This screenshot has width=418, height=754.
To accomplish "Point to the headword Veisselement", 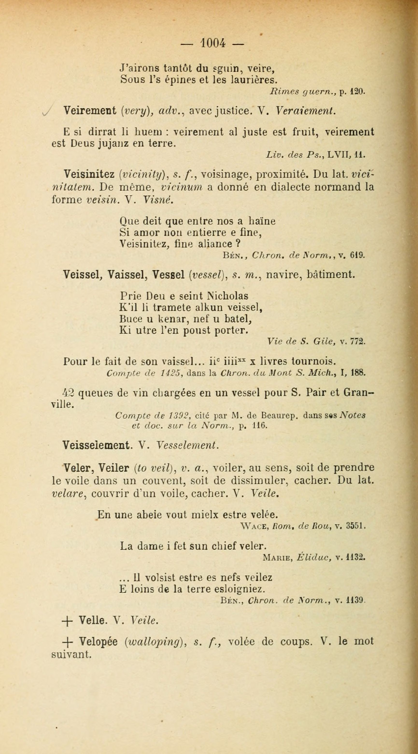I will tap(96, 445).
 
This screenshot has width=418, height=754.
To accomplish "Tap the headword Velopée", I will tap(98, 641).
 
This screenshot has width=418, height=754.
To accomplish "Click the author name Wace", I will tap(253, 526).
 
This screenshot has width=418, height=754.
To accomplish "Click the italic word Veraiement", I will tap(305, 111).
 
